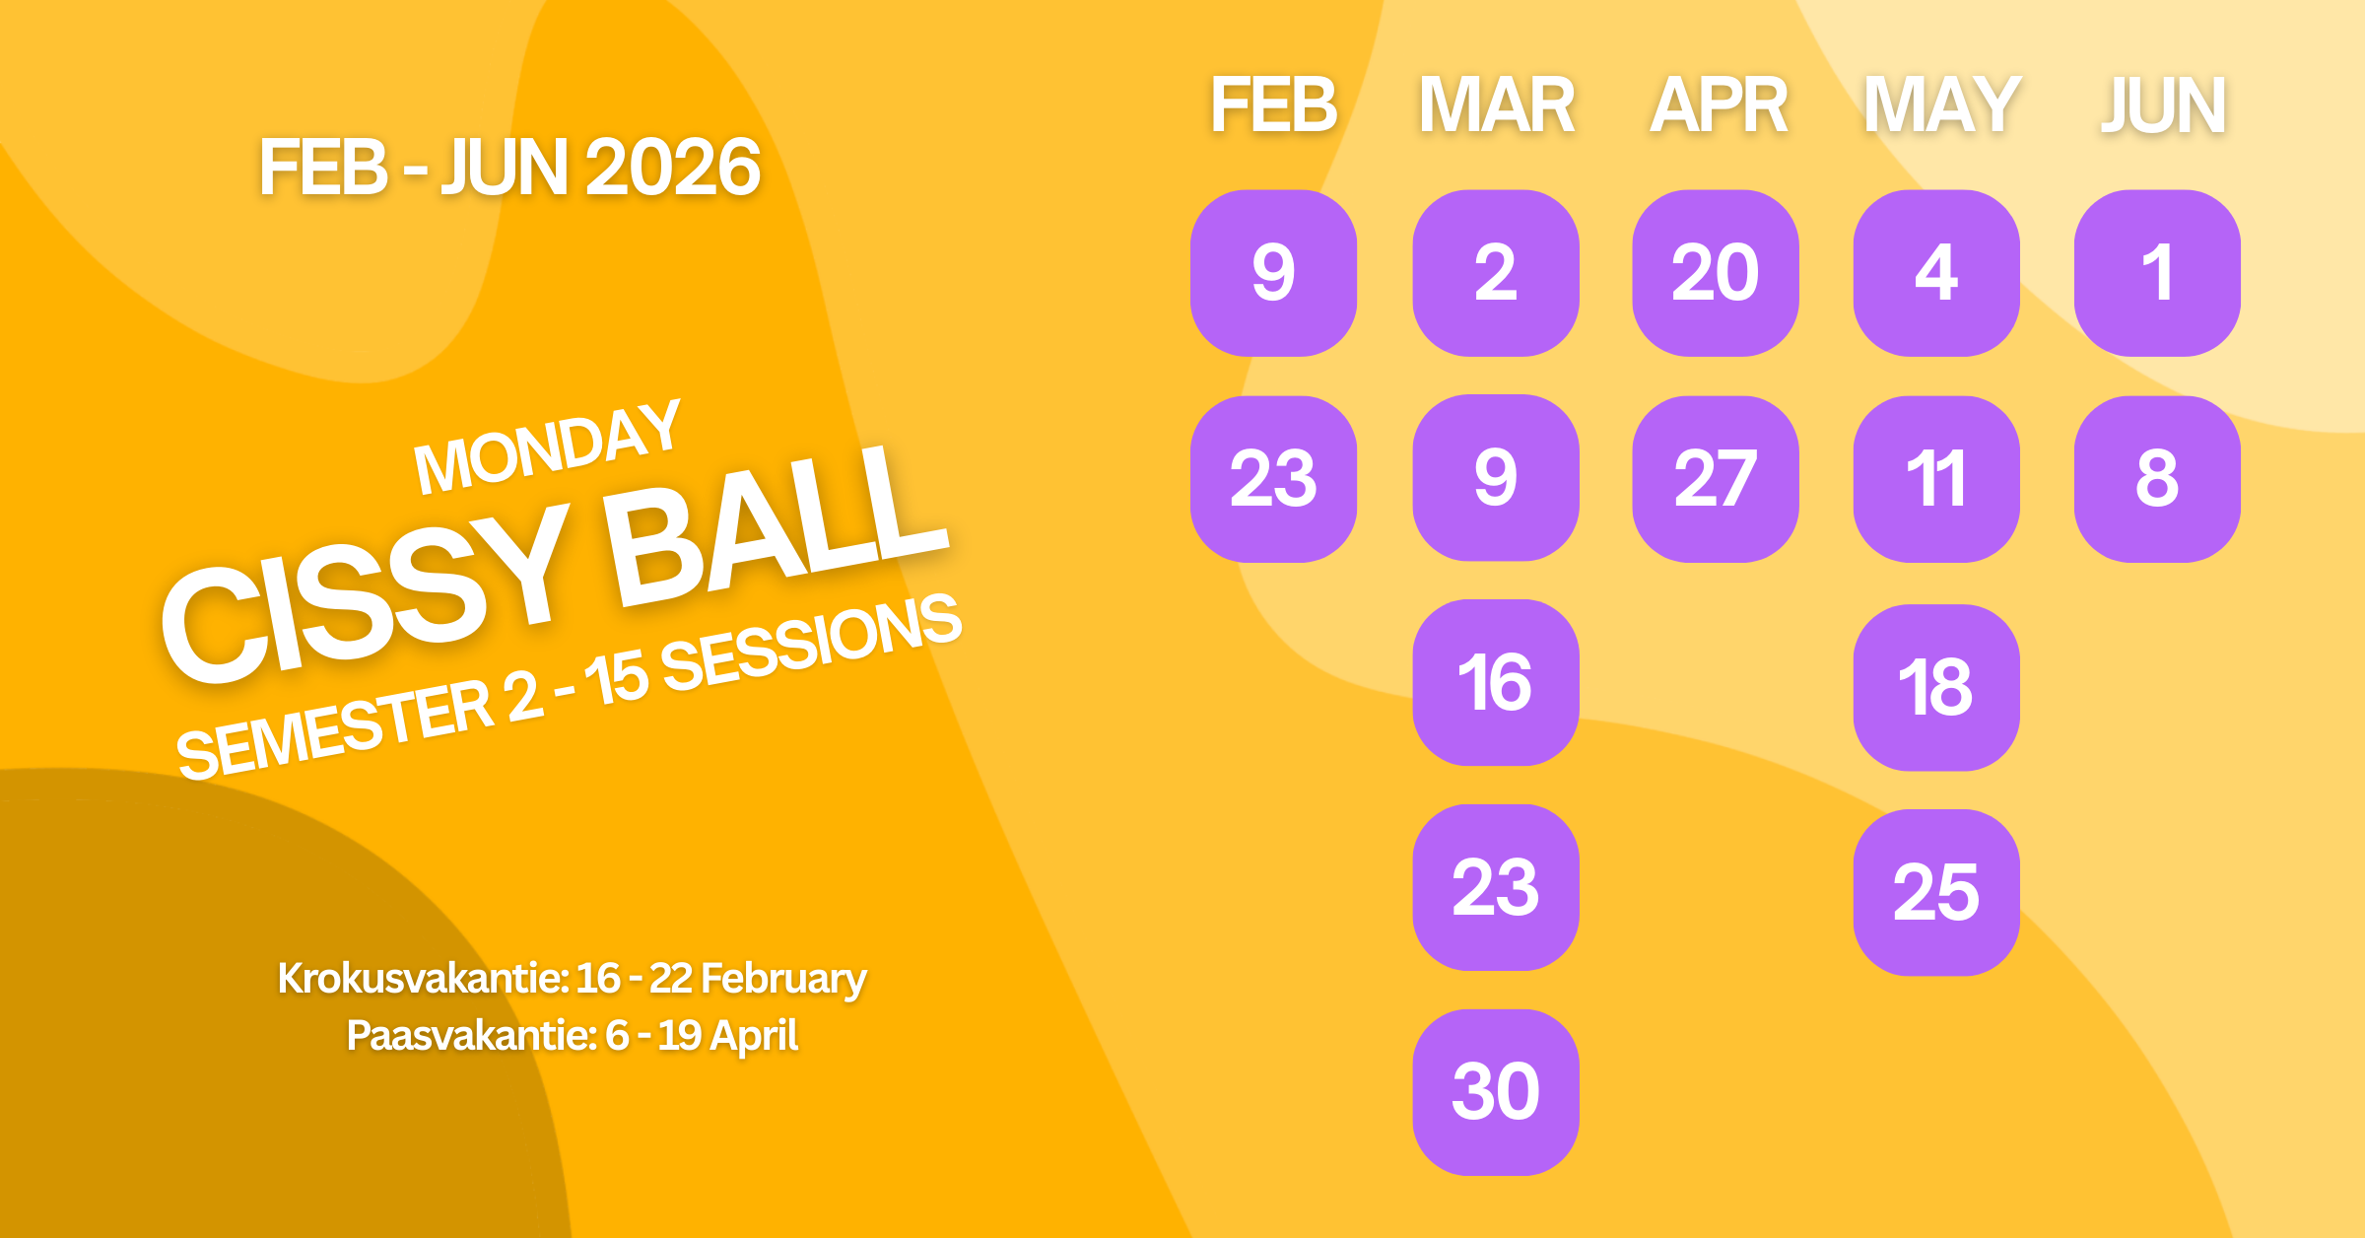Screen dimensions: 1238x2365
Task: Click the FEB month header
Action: point(1273,104)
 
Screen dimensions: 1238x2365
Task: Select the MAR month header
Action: point(1496,104)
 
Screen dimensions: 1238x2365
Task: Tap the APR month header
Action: point(1719,104)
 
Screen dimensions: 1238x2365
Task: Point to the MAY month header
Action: point(1941,104)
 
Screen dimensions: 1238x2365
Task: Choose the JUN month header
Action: point(2162,104)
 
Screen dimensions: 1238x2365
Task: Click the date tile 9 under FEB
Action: point(1273,273)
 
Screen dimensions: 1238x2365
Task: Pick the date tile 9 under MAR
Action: point(1495,478)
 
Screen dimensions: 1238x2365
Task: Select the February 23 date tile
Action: point(1273,479)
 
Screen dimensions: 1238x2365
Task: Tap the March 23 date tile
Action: point(1495,887)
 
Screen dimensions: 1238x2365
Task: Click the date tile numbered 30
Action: point(1495,1092)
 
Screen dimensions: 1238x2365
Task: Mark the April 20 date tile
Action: point(1716,273)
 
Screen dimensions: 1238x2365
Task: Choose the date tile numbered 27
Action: point(1716,479)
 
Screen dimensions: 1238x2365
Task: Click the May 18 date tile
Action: point(1936,687)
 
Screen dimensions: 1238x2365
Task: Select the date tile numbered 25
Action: point(1936,892)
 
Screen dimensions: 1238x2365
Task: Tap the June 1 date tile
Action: point(2157,273)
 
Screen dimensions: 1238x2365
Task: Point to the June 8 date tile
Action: point(2157,479)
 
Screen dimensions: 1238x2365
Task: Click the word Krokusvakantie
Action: point(422,979)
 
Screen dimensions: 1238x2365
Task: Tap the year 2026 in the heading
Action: point(672,168)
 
